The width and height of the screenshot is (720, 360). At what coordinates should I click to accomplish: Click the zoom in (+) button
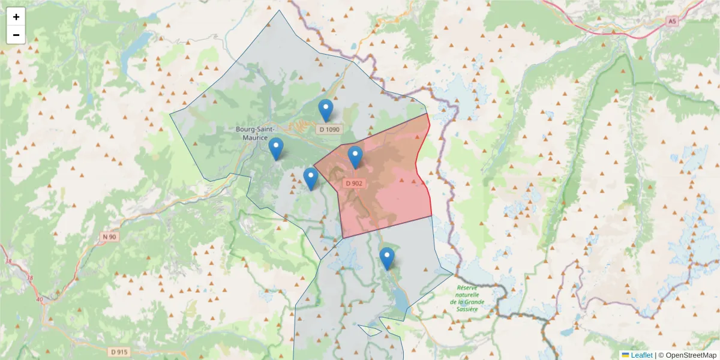click(x=16, y=17)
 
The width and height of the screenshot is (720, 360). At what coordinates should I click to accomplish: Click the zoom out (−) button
click(x=16, y=35)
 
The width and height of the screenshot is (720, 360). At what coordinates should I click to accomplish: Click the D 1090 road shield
click(x=329, y=129)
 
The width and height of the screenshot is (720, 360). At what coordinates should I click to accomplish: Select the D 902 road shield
click(x=354, y=183)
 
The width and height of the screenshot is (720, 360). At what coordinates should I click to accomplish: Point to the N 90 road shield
click(x=109, y=237)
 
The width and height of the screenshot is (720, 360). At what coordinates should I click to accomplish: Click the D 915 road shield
click(x=120, y=352)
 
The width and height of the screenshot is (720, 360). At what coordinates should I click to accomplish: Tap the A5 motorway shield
click(x=672, y=21)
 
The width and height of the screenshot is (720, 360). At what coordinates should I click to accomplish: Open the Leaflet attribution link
click(x=641, y=355)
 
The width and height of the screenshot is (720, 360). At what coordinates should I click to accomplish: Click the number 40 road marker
click(x=40, y=299)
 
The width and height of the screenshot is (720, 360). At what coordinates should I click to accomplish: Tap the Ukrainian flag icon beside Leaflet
click(x=625, y=355)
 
